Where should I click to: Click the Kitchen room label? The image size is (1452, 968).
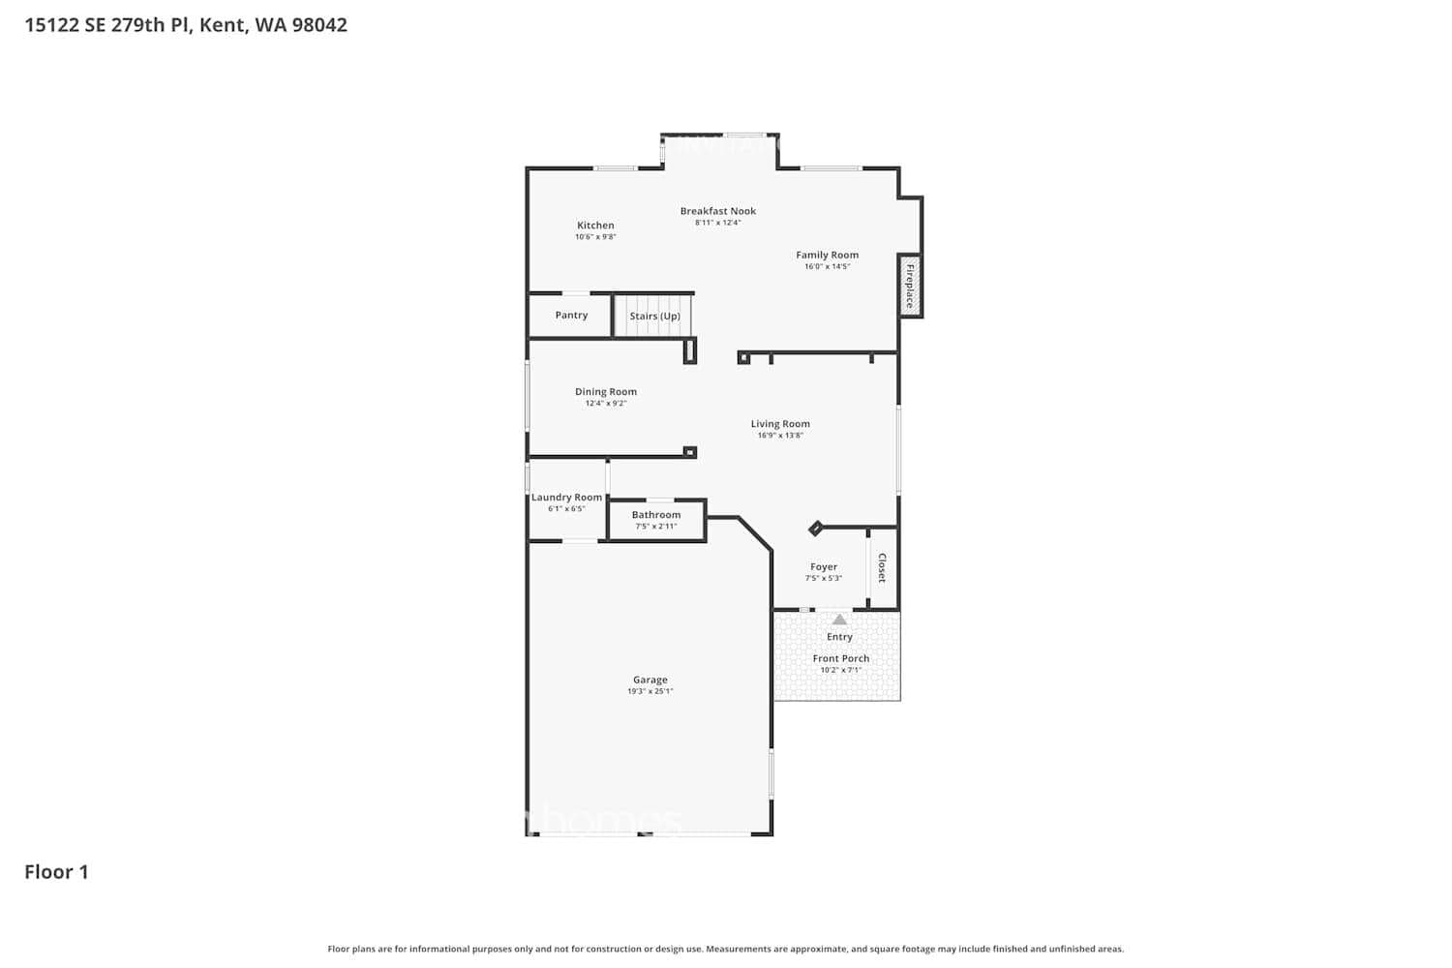click(595, 226)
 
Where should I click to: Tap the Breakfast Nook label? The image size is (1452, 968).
click(717, 211)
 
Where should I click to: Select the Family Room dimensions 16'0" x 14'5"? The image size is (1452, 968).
click(827, 267)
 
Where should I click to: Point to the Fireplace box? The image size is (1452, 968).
click(910, 286)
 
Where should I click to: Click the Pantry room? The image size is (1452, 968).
click(571, 316)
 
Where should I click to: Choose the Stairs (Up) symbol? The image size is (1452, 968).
click(654, 317)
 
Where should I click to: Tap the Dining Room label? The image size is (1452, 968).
click(606, 392)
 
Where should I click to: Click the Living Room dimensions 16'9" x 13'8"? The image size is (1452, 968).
click(780, 436)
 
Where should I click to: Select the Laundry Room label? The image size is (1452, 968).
click(566, 498)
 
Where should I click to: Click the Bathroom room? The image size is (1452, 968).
click(656, 520)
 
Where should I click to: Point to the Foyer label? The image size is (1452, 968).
click(824, 567)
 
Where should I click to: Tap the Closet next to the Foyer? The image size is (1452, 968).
click(882, 568)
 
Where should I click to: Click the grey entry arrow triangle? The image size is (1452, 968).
click(839, 620)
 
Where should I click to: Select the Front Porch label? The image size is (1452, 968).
click(840, 658)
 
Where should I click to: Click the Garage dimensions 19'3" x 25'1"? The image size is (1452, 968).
click(650, 691)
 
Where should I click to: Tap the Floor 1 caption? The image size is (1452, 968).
click(56, 872)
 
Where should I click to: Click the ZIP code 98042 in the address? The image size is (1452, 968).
click(319, 25)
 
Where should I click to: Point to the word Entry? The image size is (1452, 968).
click(839, 637)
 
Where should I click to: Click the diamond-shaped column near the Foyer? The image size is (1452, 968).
click(815, 529)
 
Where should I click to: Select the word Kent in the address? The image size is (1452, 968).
click(222, 25)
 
